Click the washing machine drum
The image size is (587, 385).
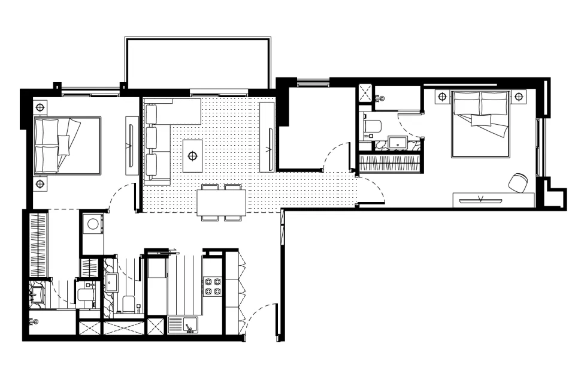(93, 224)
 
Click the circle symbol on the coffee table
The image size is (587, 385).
(192, 156)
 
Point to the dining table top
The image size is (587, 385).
(221, 202)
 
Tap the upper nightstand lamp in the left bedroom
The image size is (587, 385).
(40, 108)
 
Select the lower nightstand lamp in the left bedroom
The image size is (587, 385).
(40, 184)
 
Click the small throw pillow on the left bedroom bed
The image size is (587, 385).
(63, 145)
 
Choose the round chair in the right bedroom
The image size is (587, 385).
(518, 182)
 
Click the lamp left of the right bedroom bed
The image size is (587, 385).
(443, 96)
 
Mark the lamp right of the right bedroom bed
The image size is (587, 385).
(519, 96)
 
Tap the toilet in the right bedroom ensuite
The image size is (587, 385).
(372, 127)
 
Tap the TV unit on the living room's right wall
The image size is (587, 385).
(268, 137)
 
